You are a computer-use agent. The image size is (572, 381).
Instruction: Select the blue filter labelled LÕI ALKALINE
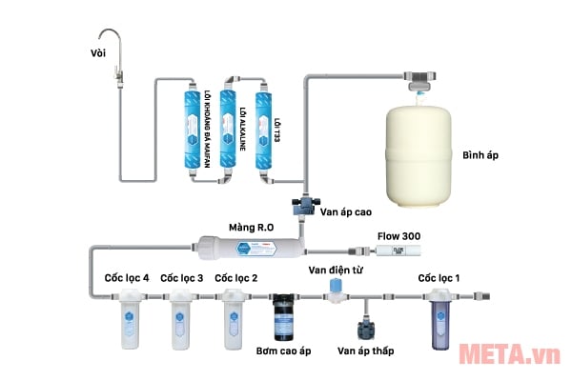[230, 130]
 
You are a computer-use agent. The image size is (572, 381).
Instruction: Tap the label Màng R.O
[251, 228]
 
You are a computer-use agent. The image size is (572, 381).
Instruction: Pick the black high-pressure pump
[283, 317]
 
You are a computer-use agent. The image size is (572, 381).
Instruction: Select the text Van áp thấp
[365, 352]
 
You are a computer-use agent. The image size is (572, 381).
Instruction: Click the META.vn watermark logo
[513, 354]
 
